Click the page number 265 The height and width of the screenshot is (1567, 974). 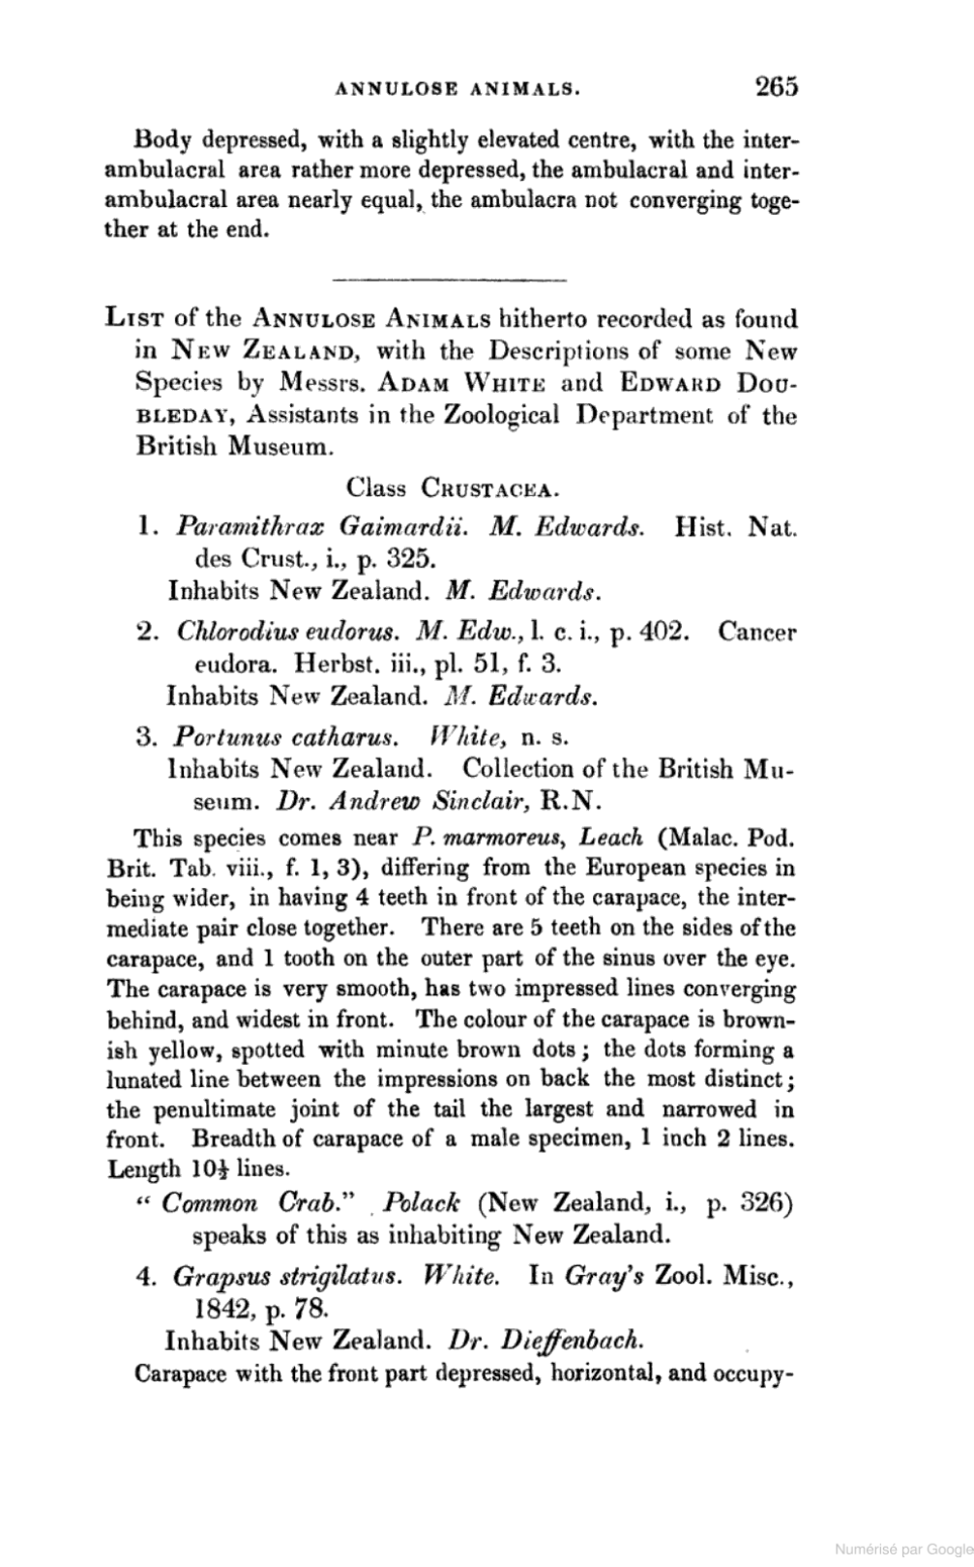point(777,87)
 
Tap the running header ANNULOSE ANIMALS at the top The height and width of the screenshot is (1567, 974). point(457,90)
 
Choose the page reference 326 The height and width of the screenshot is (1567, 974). point(767,1204)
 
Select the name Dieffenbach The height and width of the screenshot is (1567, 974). point(561,1342)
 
